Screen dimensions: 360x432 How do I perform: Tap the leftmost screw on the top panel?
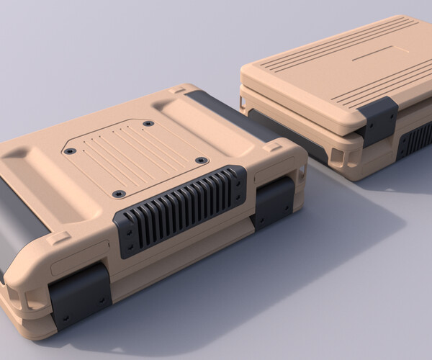70,151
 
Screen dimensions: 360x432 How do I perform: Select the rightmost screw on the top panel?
202,160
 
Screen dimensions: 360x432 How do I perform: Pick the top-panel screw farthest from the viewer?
148,124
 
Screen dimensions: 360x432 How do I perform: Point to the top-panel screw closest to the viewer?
120,194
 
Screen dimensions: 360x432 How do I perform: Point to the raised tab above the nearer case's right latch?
272,147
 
